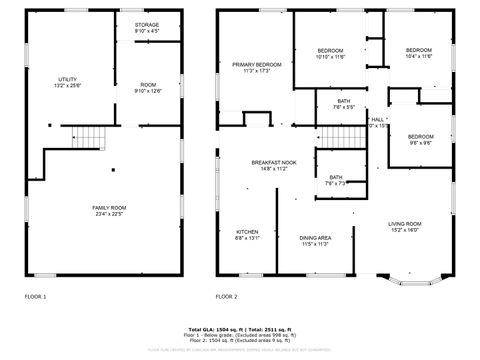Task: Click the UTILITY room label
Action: click(x=68, y=79)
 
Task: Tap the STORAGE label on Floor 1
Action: click(x=146, y=24)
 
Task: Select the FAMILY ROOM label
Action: click(x=107, y=207)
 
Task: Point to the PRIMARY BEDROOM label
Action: click(x=257, y=65)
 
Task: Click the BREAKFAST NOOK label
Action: click(x=273, y=163)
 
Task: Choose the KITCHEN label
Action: click(x=247, y=232)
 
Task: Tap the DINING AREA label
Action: click(x=315, y=238)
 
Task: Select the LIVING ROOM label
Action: click(x=405, y=224)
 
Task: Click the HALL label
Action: click(x=377, y=119)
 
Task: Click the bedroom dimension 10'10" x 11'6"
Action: click(x=330, y=57)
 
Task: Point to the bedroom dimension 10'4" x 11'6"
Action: click(x=418, y=57)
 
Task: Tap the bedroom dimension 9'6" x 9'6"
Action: click(x=420, y=143)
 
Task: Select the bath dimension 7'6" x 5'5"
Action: click(x=343, y=107)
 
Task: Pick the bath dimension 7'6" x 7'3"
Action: click(x=335, y=183)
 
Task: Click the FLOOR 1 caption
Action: click(x=36, y=296)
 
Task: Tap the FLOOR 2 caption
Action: click(x=227, y=296)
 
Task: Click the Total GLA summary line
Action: click(x=239, y=328)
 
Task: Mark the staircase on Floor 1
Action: click(x=92, y=138)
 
